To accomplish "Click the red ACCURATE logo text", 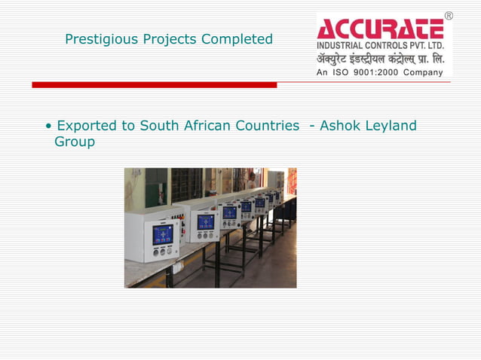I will click(x=380, y=29).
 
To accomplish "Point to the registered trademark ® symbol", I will click(x=449, y=16).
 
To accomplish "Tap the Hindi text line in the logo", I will click(x=381, y=59).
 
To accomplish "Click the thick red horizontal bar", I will click(x=154, y=85).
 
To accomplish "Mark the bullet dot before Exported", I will click(x=49, y=127).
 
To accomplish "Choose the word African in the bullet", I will click(x=206, y=126).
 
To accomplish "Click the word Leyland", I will click(x=391, y=126).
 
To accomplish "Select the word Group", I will click(x=75, y=142).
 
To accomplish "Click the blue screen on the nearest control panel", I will click(x=163, y=234).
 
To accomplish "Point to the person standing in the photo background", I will click(x=251, y=182).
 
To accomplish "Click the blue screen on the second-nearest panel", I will click(x=206, y=222).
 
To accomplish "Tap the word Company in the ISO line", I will click(x=424, y=72).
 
